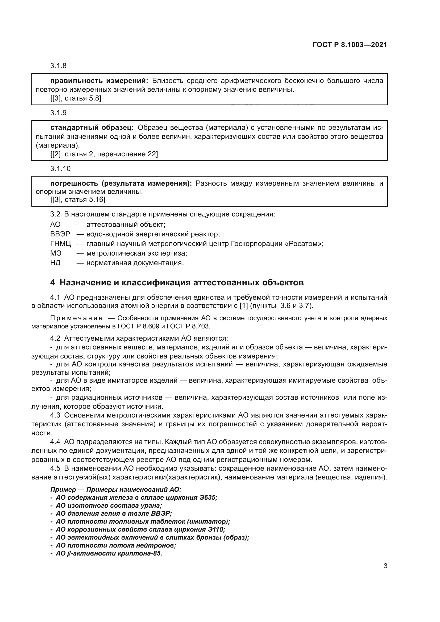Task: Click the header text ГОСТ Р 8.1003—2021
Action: (x=350, y=45)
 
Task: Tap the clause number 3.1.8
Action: (x=58, y=66)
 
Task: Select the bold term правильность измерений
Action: (x=99, y=81)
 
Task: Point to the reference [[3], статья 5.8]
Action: (x=76, y=98)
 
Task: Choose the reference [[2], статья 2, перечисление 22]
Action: (x=104, y=154)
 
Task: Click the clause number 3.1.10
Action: (x=60, y=169)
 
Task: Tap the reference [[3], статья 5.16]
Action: (x=78, y=200)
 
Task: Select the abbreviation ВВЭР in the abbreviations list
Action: (x=60, y=234)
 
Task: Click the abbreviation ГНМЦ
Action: (x=60, y=244)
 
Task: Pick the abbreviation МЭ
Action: (x=56, y=253)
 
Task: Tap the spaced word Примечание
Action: (x=76, y=318)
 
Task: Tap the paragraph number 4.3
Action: (x=55, y=415)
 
